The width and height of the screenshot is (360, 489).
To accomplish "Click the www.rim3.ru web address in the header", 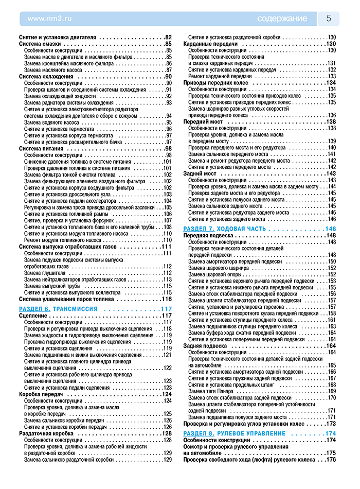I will (49, 19).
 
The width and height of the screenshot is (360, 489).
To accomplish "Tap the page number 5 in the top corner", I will (329, 19).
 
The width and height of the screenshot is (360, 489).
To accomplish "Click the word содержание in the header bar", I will (282, 19).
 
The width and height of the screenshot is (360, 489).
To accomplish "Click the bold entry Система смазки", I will (41, 44).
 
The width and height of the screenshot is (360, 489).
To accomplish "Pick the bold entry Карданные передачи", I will (210, 44).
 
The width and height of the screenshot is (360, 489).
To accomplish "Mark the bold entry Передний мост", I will (203, 121).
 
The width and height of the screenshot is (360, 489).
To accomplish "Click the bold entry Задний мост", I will (200, 173).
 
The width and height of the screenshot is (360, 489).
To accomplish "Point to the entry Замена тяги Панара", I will (211, 391).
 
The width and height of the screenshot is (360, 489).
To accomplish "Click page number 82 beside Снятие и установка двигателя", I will (168, 38).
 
